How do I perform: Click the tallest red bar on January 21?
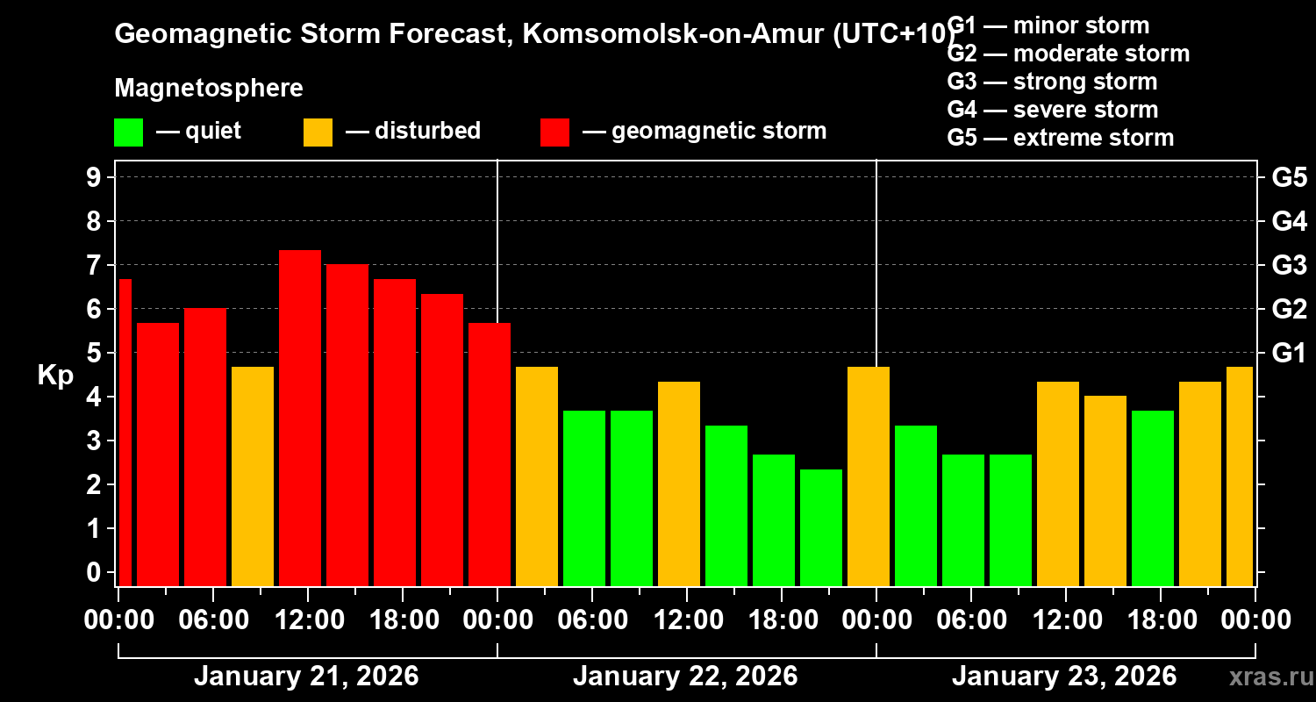click(x=300, y=417)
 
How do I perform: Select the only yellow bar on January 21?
click(x=253, y=476)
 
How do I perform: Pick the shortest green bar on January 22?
click(x=821, y=526)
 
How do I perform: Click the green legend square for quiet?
click(x=128, y=133)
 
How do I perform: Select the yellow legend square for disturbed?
click(x=318, y=133)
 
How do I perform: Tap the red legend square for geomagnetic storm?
click(x=554, y=133)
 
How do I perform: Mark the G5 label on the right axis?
click(x=1289, y=178)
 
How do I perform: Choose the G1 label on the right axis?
click(x=1289, y=354)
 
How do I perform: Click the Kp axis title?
click(x=55, y=376)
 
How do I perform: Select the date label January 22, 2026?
click(x=685, y=677)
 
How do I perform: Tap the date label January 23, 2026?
click(x=1064, y=677)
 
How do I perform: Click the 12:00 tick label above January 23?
click(x=1065, y=620)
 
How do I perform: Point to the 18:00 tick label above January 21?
click(x=402, y=620)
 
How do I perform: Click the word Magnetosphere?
click(x=209, y=89)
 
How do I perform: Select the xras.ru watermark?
click(x=1266, y=677)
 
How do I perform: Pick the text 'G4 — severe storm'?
click(x=1053, y=110)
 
